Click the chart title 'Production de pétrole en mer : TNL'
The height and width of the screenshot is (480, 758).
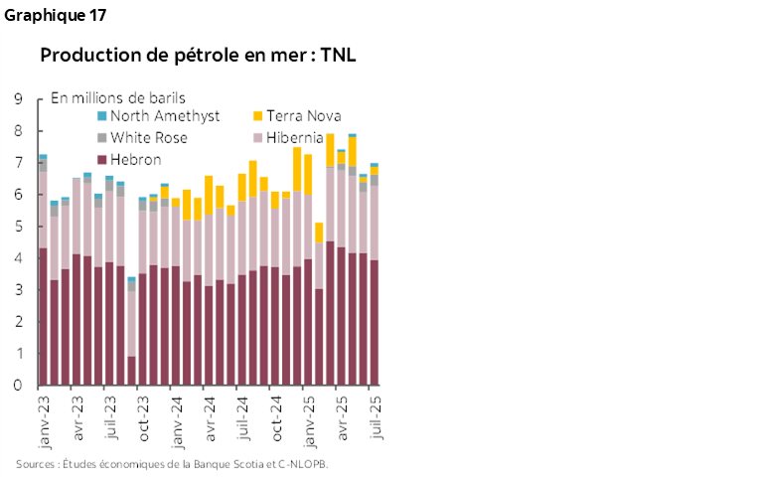coord(198,56)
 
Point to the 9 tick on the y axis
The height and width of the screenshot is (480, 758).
coord(18,98)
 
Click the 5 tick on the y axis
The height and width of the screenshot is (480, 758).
coord(18,227)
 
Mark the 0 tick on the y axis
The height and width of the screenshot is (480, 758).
coord(18,386)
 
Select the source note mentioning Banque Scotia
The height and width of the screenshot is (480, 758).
coord(172,464)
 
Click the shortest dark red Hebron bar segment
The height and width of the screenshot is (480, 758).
coord(132,371)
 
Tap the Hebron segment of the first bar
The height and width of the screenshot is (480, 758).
coord(43,317)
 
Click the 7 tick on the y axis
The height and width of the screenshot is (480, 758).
coord(18,163)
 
